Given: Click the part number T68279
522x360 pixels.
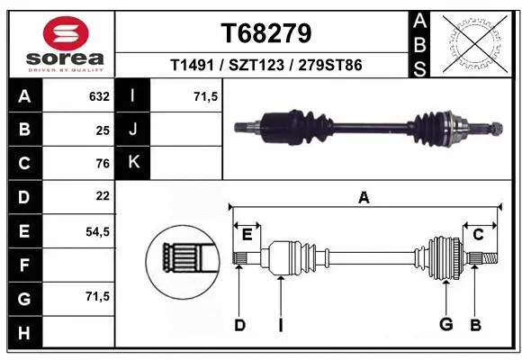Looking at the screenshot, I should pyautogui.click(x=266, y=33).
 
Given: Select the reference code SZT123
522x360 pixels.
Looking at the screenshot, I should pyautogui.click(x=266, y=66).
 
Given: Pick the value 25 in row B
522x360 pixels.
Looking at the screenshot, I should pyautogui.click(x=102, y=130).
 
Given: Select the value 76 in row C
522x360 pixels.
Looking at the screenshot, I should pyautogui.click(x=102, y=163).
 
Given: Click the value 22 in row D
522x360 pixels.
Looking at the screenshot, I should pyautogui.click(x=102, y=195).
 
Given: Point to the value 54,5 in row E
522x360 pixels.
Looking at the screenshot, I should pyautogui.click(x=97, y=231).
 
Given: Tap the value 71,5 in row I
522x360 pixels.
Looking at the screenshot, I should pyautogui.click(x=206, y=96).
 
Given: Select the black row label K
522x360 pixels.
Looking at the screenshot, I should pyautogui.click(x=134, y=163).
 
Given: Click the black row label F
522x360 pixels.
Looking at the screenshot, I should pyautogui.click(x=24, y=265).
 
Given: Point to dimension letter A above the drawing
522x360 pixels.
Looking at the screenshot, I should pyautogui.click(x=364, y=198).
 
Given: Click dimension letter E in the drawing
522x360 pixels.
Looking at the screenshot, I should pyautogui.click(x=246, y=234).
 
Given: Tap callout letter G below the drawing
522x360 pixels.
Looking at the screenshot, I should pyautogui.click(x=445, y=324).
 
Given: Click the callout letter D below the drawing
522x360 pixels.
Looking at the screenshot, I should pyautogui.click(x=239, y=324).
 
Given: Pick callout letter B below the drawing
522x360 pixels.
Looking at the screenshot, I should pyautogui.click(x=476, y=324).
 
